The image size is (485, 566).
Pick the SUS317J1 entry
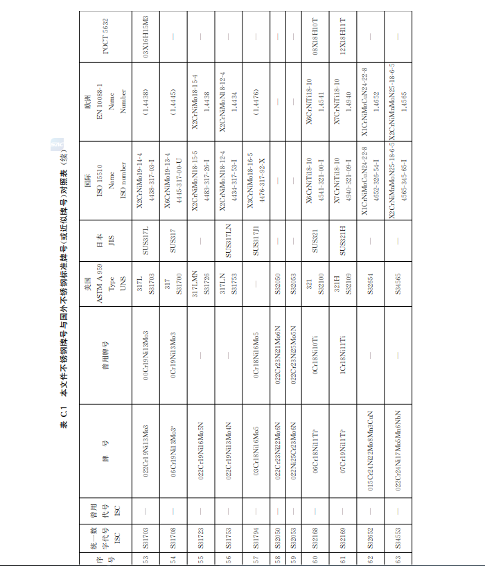coord(255,238)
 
